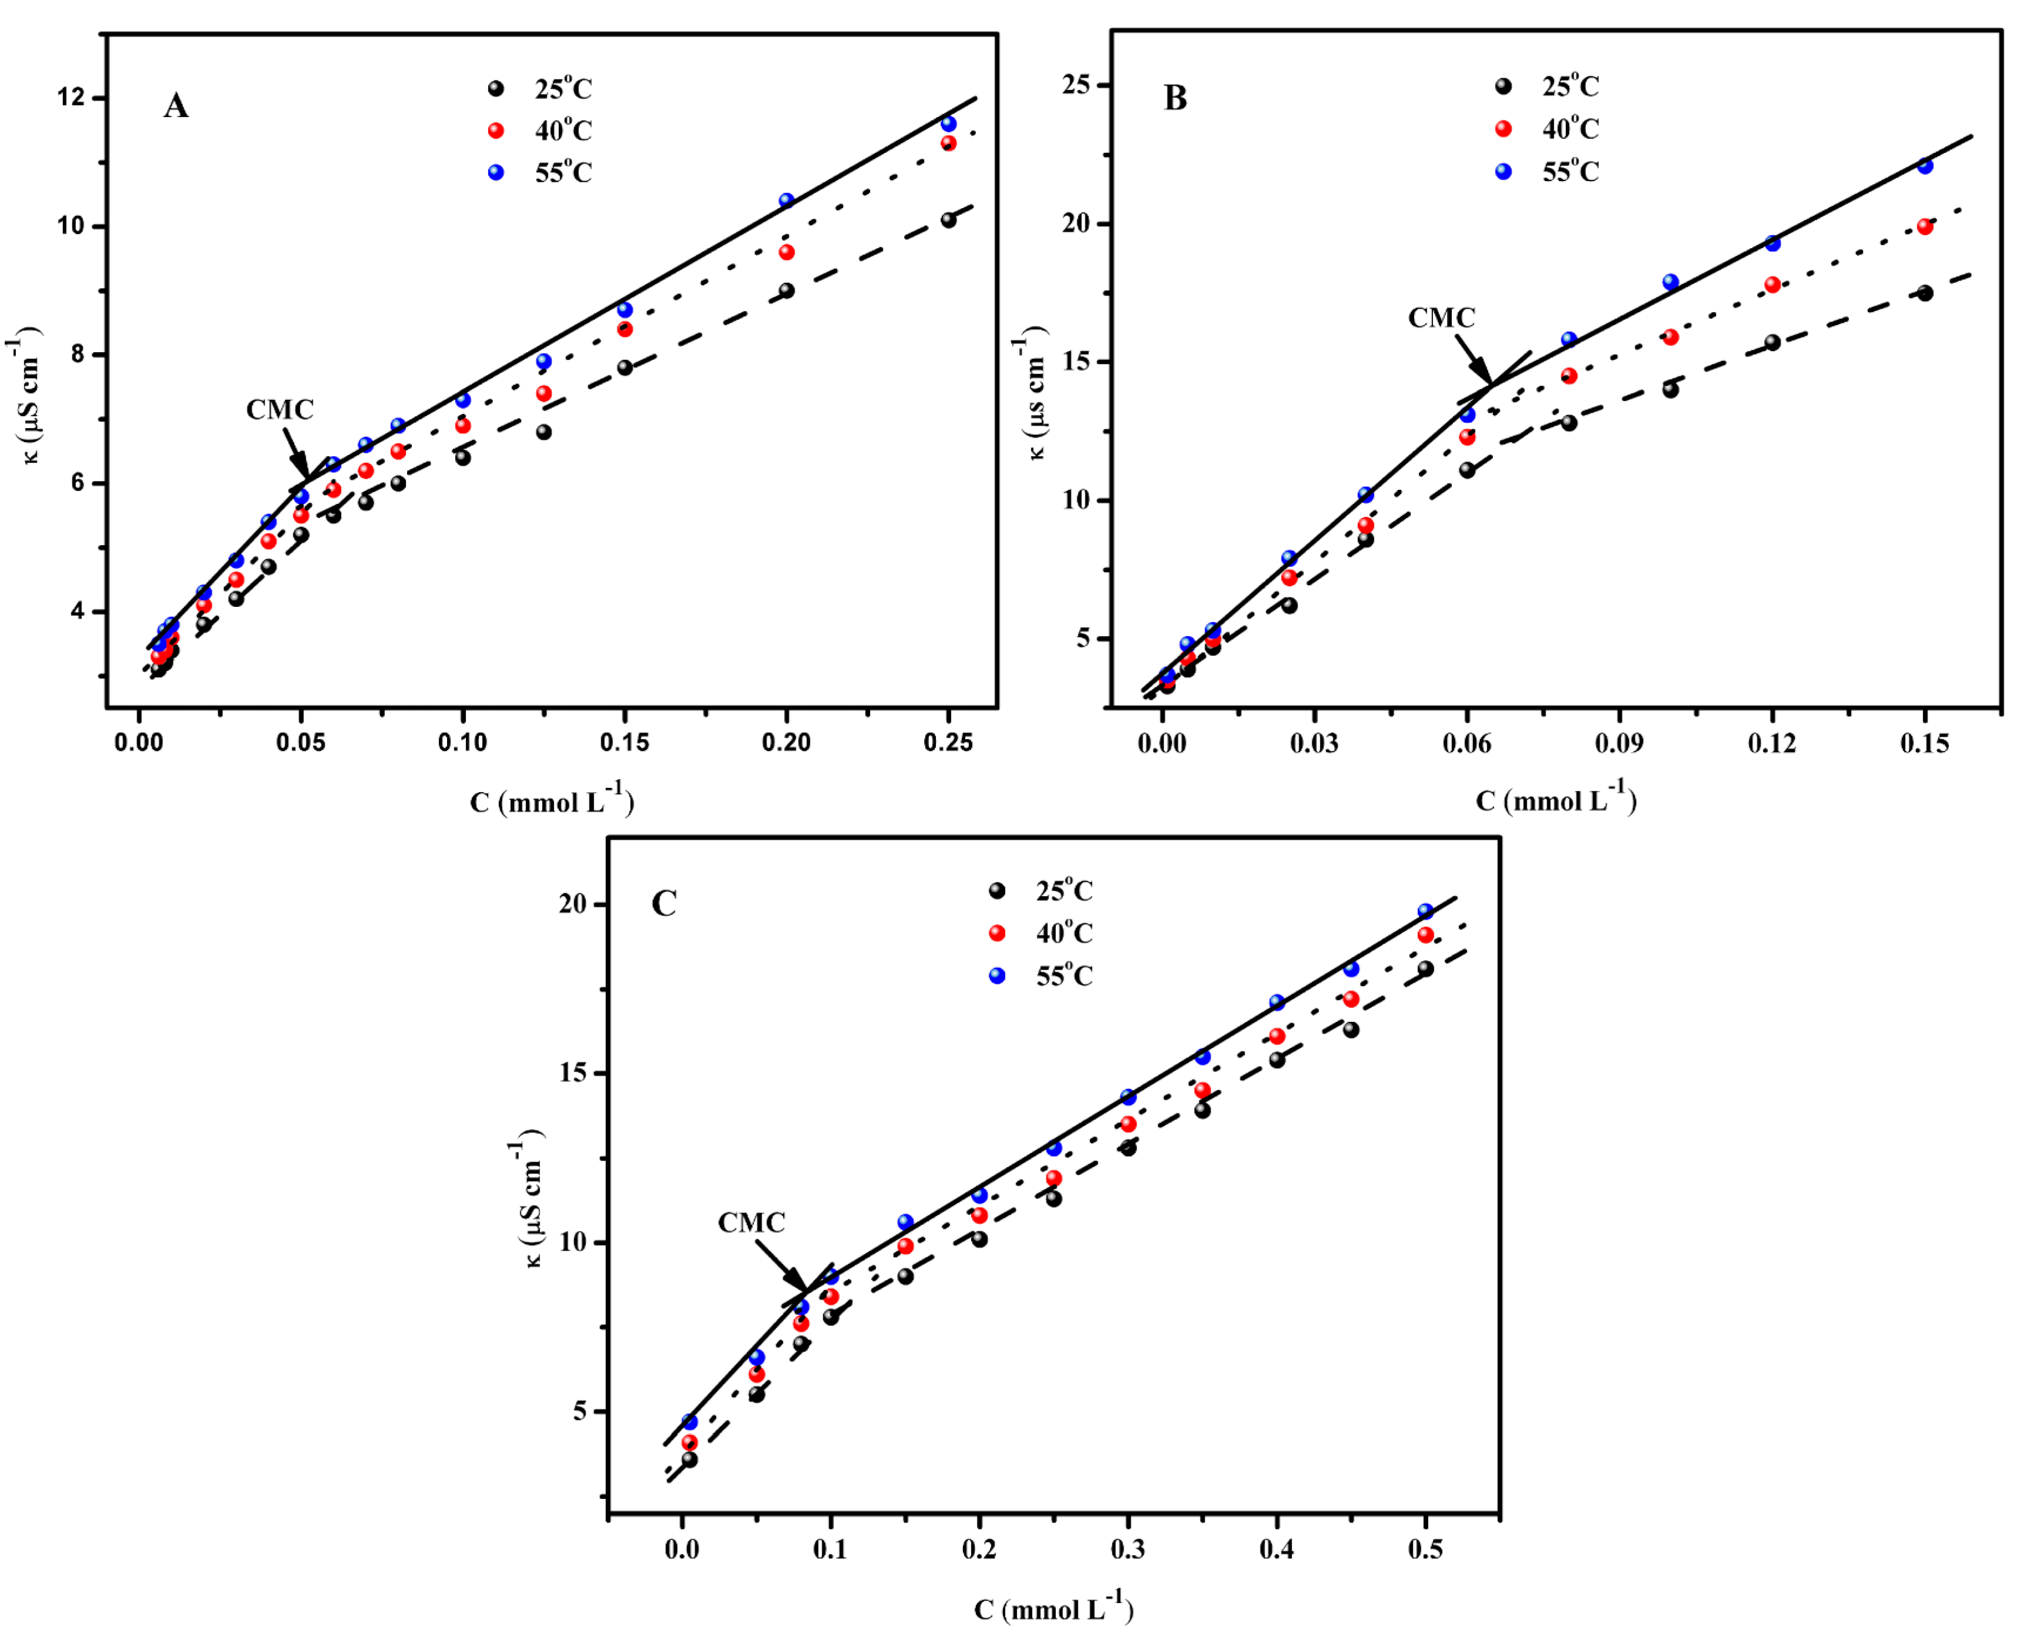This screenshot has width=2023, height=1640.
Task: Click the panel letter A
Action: (176, 106)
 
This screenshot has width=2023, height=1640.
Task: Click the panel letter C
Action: (664, 904)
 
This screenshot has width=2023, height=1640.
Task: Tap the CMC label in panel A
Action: (279, 409)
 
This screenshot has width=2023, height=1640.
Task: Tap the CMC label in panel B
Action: (1441, 318)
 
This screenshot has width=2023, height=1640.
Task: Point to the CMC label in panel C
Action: (751, 1223)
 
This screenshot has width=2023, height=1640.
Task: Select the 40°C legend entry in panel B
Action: (1549, 128)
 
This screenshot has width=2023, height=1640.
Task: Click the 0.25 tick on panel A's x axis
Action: (948, 743)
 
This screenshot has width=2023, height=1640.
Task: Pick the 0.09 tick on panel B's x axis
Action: (1619, 743)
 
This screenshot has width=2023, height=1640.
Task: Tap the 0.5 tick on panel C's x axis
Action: (1425, 1550)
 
